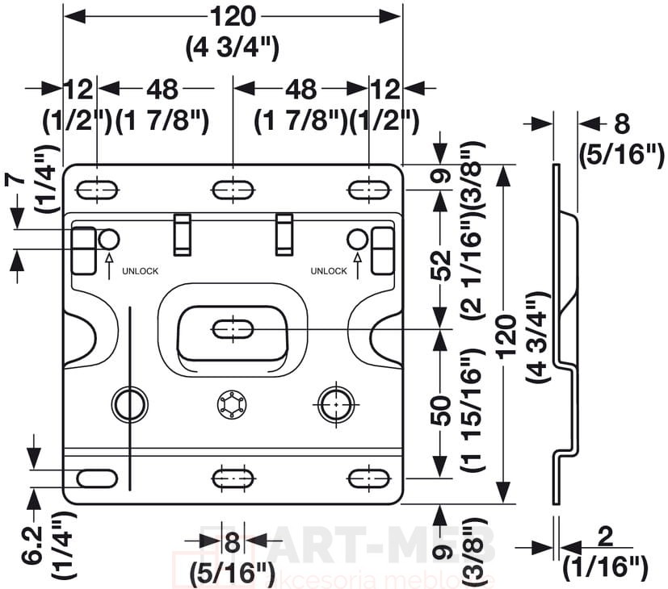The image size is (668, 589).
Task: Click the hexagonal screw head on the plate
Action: pos(233,405)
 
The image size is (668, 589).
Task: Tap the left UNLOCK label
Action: pos(141,271)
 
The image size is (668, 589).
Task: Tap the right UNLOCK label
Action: pos(328,271)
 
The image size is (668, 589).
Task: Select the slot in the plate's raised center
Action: pos(233,329)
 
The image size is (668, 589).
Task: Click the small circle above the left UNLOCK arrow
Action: pos(109,239)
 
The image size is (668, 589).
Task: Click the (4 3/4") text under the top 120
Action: pos(233,47)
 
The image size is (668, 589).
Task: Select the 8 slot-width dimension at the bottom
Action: pos(233,542)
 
